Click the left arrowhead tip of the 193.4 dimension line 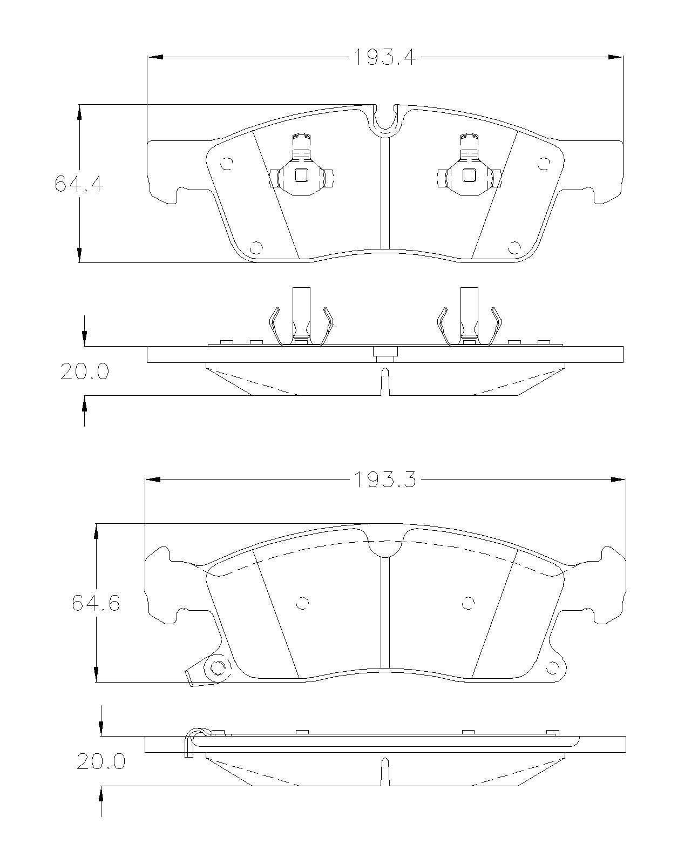(148, 57)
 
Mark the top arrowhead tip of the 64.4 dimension (79, 105)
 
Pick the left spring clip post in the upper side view (301, 316)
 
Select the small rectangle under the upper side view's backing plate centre (385, 352)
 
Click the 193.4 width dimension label (384, 57)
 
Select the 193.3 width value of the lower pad (384, 480)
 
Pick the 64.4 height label (79, 184)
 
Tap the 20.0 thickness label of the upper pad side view (85, 372)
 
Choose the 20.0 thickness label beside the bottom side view (101, 761)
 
